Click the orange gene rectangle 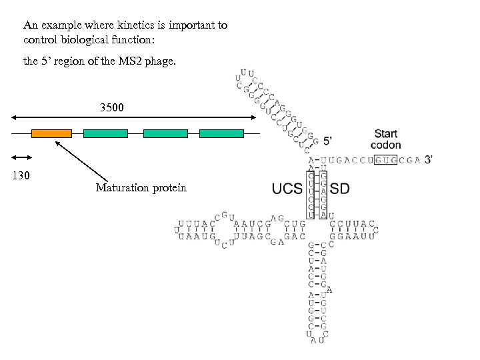click(51, 133)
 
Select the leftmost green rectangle click(105, 133)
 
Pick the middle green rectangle click(166, 133)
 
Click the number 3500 click(112, 107)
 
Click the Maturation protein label click(141, 188)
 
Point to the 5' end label click(331, 141)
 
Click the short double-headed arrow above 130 click(22, 157)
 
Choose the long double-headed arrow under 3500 click(133, 117)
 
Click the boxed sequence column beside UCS click(311, 194)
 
